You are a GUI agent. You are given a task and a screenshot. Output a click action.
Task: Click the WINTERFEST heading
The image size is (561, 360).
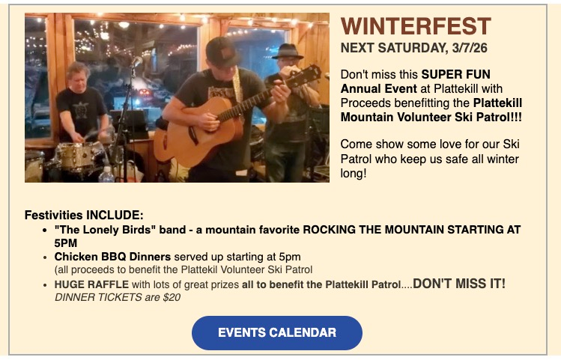pyautogui.click(x=416, y=27)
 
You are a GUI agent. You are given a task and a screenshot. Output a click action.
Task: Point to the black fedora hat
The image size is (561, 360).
pyautogui.click(x=288, y=52)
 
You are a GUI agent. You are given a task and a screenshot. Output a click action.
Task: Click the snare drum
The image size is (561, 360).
pyautogui.click(x=79, y=156)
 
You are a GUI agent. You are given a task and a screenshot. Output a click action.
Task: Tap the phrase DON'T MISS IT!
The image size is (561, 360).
pyautogui.click(x=459, y=284)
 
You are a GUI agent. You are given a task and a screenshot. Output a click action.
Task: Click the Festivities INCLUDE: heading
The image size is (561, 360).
pyautogui.click(x=84, y=215)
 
